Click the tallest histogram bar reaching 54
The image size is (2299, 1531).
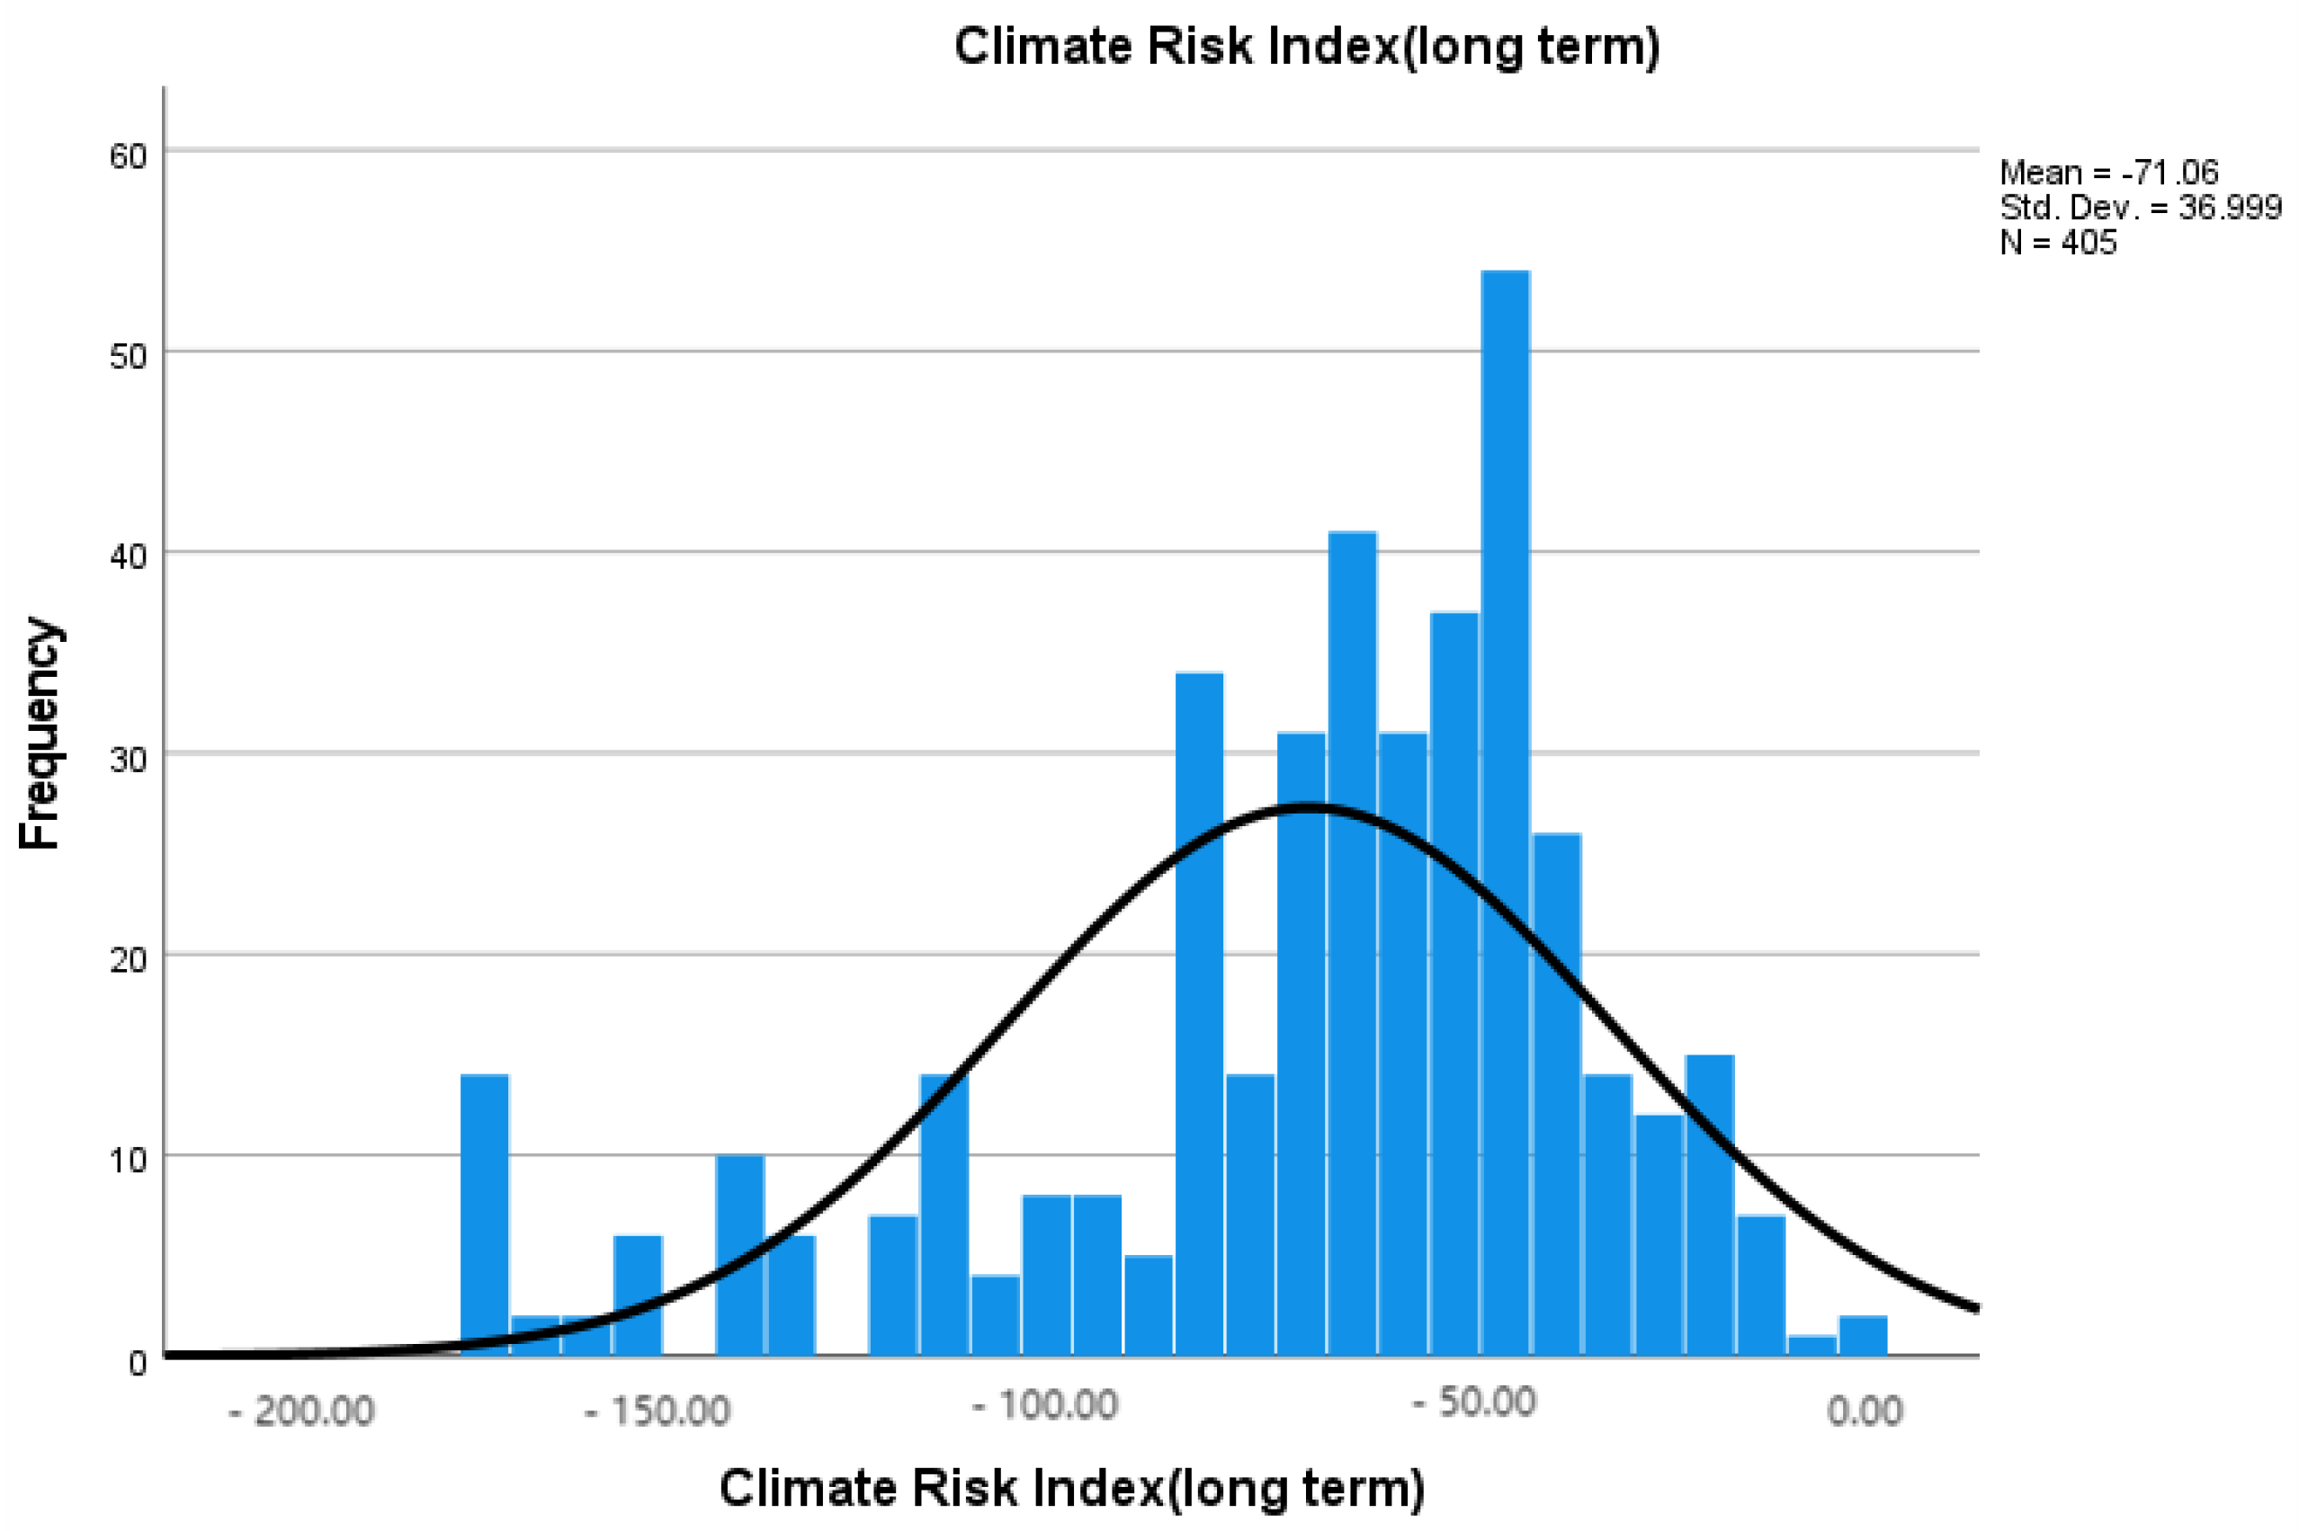[1505, 810]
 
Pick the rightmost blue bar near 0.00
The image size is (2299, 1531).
[1863, 1335]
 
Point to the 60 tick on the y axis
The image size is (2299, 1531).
[128, 156]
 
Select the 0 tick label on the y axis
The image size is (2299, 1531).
[138, 1362]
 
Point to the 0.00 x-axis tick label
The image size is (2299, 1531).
[1865, 1411]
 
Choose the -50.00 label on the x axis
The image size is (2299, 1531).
[1475, 1402]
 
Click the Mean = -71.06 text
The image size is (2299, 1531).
[2108, 173]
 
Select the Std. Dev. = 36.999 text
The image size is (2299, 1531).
[2140, 207]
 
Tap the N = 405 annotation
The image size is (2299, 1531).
[2058, 242]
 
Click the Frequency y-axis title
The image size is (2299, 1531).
[41, 733]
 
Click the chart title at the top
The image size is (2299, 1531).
[1306, 46]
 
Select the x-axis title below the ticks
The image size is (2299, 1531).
[1071, 1487]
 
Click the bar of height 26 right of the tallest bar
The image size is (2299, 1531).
[1556, 1093]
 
